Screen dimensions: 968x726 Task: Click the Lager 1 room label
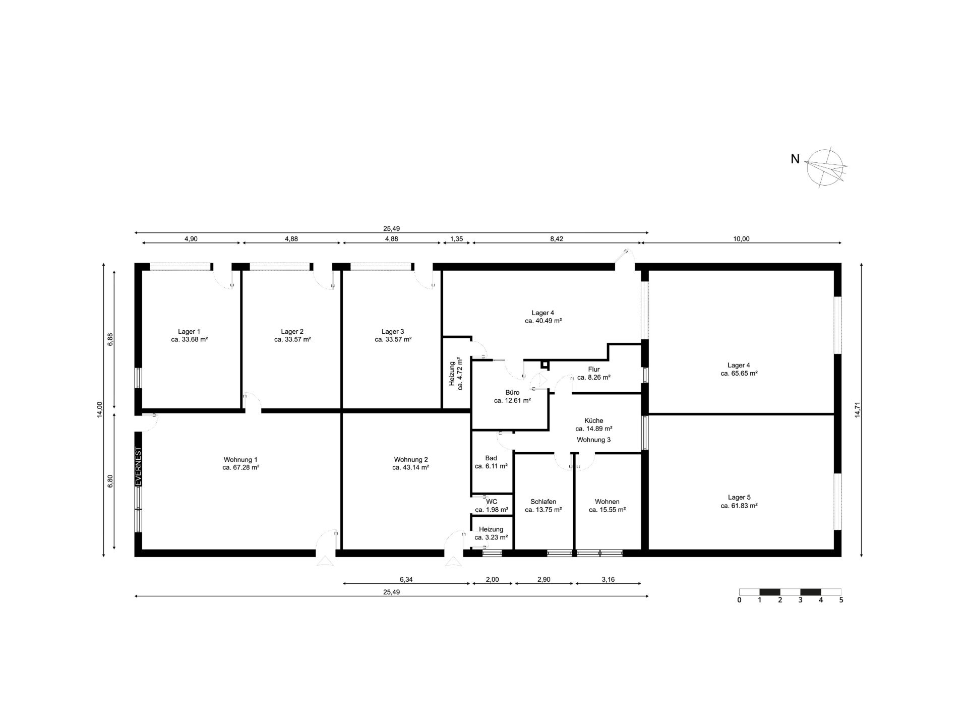(189, 331)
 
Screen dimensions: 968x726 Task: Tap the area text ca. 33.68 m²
(190, 339)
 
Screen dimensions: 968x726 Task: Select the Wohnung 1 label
(240, 459)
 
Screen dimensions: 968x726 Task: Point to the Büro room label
(512, 392)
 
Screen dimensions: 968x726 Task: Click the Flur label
(594, 369)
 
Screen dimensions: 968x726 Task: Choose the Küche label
(594, 420)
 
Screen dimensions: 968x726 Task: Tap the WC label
(492, 501)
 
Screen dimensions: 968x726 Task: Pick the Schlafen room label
(543, 502)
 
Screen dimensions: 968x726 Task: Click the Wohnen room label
(607, 502)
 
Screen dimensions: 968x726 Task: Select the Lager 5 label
(739, 497)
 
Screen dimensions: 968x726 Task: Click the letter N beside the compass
(795, 159)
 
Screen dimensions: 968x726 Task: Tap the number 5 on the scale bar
(841, 600)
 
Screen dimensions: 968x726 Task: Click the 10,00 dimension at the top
(741, 239)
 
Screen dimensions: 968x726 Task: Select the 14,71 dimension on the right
(857, 410)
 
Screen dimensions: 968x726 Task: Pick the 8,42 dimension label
(556, 239)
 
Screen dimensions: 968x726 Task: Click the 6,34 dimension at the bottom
(406, 579)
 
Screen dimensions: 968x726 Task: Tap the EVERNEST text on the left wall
(138, 466)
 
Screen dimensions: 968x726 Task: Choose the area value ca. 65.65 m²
(739, 373)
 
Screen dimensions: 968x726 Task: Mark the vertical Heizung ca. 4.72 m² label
(456, 373)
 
